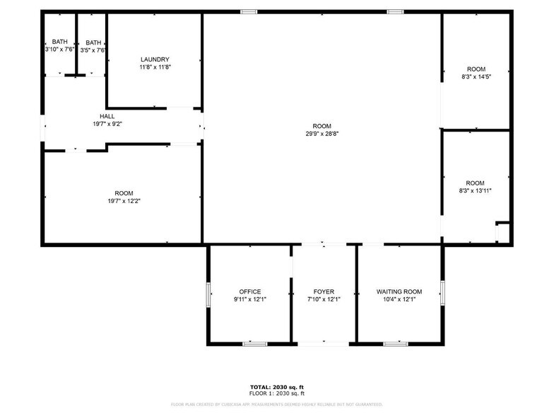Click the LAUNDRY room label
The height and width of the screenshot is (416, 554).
(155, 59)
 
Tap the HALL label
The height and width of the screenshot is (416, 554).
(107, 116)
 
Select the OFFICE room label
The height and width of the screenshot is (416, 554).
(249, 291)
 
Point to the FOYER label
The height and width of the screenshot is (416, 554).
(324, 291)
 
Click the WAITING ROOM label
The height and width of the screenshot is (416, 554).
(399, 291)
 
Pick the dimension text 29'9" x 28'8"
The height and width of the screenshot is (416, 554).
(322, 134)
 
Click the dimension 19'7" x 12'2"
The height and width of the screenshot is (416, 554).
(124, 201)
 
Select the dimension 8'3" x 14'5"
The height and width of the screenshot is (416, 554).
(476, 76)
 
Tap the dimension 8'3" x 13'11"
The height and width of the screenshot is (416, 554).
(476, 190)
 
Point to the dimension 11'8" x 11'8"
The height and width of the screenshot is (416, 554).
(155, 67)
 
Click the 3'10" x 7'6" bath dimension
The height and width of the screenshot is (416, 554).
(59, 50)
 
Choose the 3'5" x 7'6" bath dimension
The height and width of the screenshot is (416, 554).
(93, 50)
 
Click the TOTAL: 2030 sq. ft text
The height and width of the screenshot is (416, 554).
(276, 386)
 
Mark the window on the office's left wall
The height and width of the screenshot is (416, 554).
(208, 294)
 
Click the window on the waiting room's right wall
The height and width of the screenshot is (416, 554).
(442, 291)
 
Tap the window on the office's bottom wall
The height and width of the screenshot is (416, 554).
(254, 344)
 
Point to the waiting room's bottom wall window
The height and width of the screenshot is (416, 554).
(396, 344)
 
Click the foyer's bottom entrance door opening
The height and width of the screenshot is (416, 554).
(324, 344)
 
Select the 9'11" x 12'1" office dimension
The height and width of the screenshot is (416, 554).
(249, 299)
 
